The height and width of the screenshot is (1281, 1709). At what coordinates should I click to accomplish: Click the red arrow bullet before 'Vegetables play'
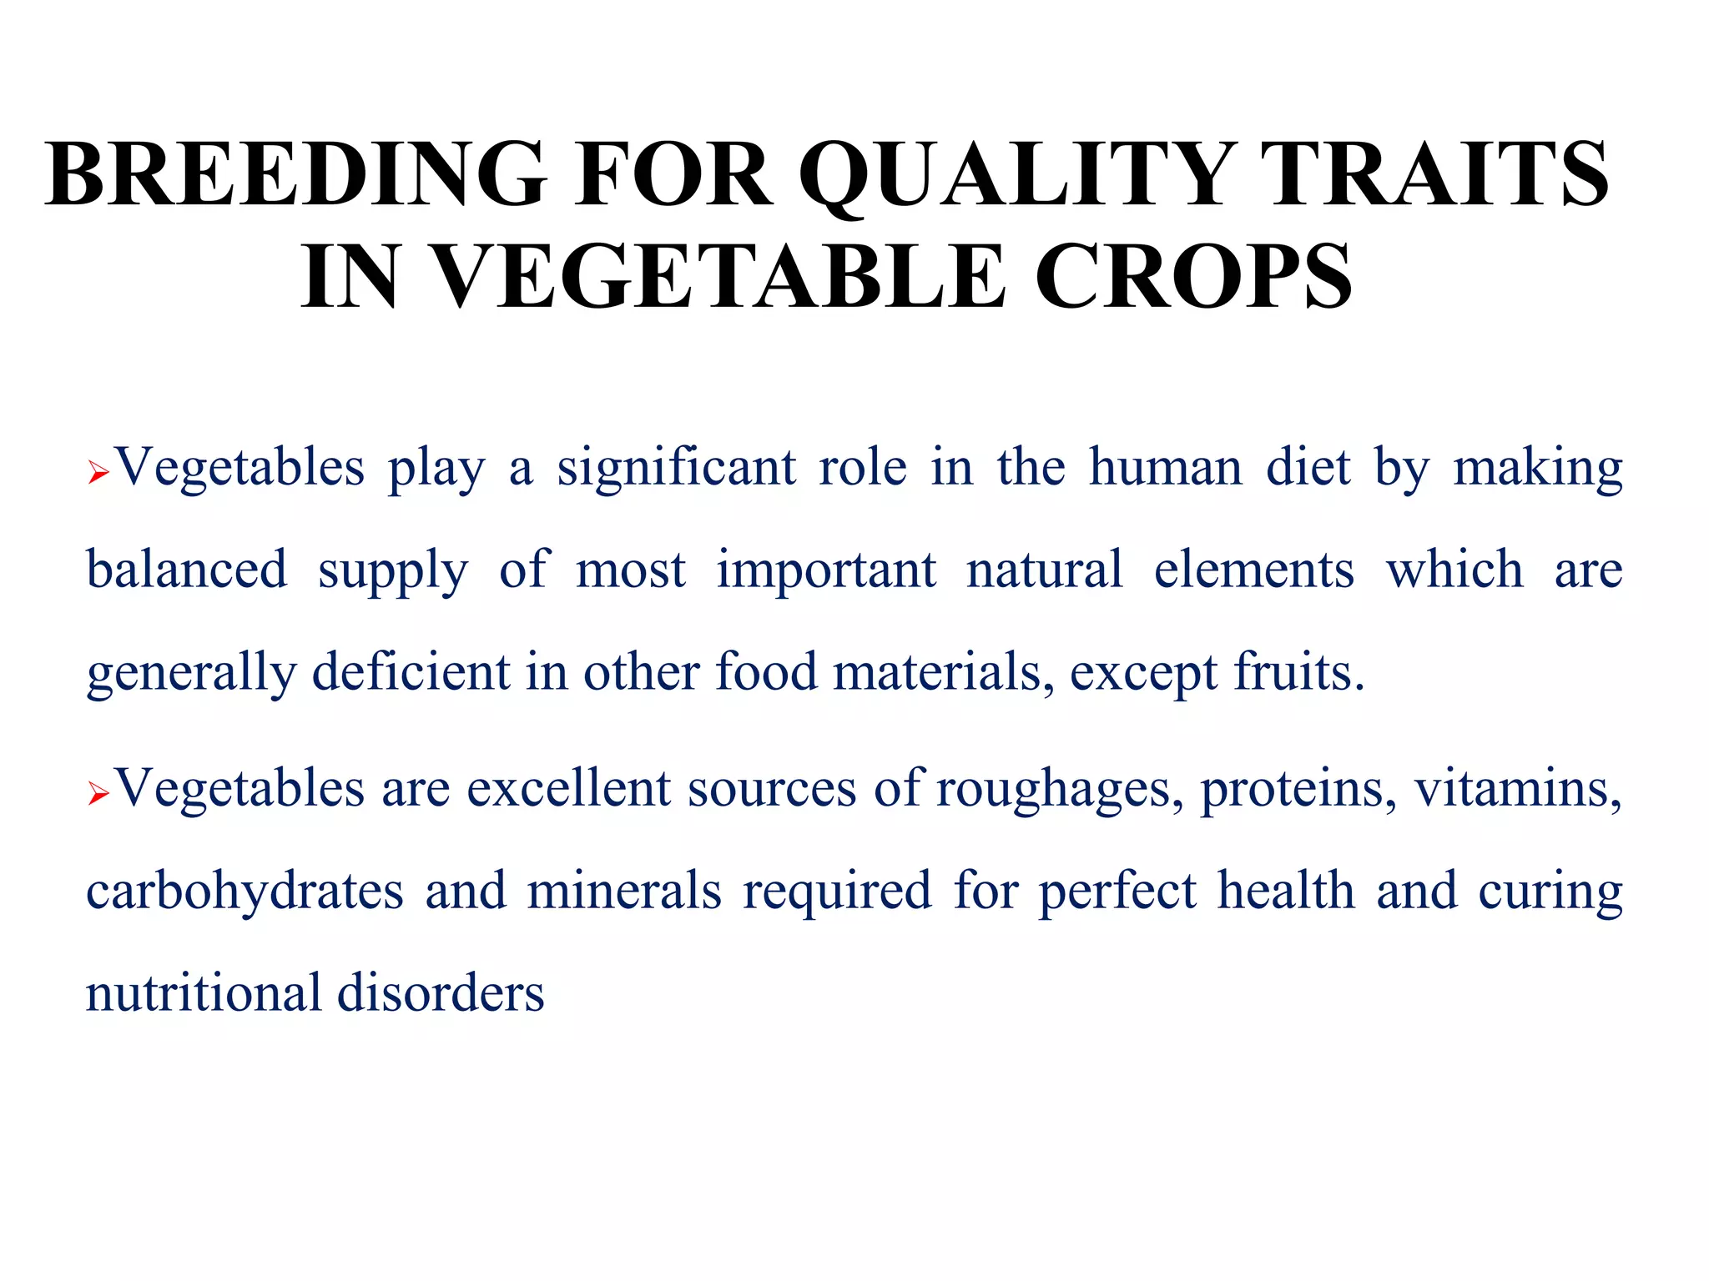point(98,475)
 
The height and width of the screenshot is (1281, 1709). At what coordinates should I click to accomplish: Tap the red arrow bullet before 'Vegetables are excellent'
point(98,795)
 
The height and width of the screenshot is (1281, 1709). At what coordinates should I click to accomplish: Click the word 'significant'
point(676,467)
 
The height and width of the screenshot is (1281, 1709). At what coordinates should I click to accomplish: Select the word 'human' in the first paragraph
point(1166,467)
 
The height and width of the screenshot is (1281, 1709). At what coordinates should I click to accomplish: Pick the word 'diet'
point(1308,467)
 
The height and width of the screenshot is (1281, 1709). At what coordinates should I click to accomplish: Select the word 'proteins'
point(1297,789)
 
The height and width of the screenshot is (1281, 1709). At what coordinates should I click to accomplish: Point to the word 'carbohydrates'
point(245,892)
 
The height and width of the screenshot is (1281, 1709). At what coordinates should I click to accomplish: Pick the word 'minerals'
point(624,892)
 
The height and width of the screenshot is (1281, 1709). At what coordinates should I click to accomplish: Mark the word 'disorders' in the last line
point(441,993)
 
